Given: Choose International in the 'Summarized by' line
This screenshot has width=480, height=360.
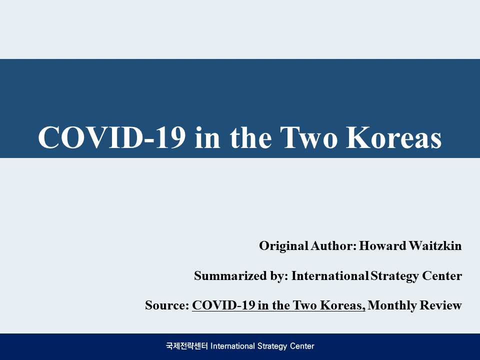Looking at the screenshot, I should pos(330,276).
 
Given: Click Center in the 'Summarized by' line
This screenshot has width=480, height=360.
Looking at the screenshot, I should pos(442,276).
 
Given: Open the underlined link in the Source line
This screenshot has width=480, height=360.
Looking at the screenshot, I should pos(278,305).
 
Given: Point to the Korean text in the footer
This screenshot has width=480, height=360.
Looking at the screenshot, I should pos(187,346).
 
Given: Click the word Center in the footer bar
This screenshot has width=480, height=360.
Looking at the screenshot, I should pos(302,346).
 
